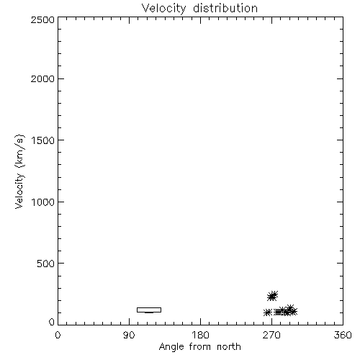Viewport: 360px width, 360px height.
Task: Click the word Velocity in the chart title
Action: click(x=164, y=9)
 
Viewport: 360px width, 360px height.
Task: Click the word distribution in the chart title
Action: click(x=225, y=8)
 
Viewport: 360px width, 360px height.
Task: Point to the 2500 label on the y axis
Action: click(x=42, y=19)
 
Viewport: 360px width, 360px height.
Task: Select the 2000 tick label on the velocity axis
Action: click(x=42, y=78)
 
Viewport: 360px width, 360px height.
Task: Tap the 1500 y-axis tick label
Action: click(x=43, y=140)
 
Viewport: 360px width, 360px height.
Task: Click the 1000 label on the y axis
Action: click(x=43, y=202)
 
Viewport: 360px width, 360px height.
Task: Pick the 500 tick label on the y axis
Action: click(x=46, y=264)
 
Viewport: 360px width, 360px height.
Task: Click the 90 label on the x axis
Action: click(x=129, y=335)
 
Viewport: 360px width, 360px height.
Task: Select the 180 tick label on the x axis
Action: click(x=200, y=335)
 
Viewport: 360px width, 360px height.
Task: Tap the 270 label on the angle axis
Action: click(x=271, y=335)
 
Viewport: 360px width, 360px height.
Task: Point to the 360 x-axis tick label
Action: click(x=343, y=335)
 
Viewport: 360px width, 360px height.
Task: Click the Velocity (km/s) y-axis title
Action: click(x=19, y=171)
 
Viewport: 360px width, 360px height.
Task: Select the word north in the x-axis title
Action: click(x=229, y=346)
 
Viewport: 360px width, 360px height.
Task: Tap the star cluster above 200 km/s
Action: click(x=272, y=296)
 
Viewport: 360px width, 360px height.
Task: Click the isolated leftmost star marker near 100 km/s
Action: click(x=267, y=312)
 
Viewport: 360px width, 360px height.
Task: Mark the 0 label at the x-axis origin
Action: click(x=58, y=335)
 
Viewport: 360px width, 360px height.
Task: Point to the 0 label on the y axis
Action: click(x=52, y=322)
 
